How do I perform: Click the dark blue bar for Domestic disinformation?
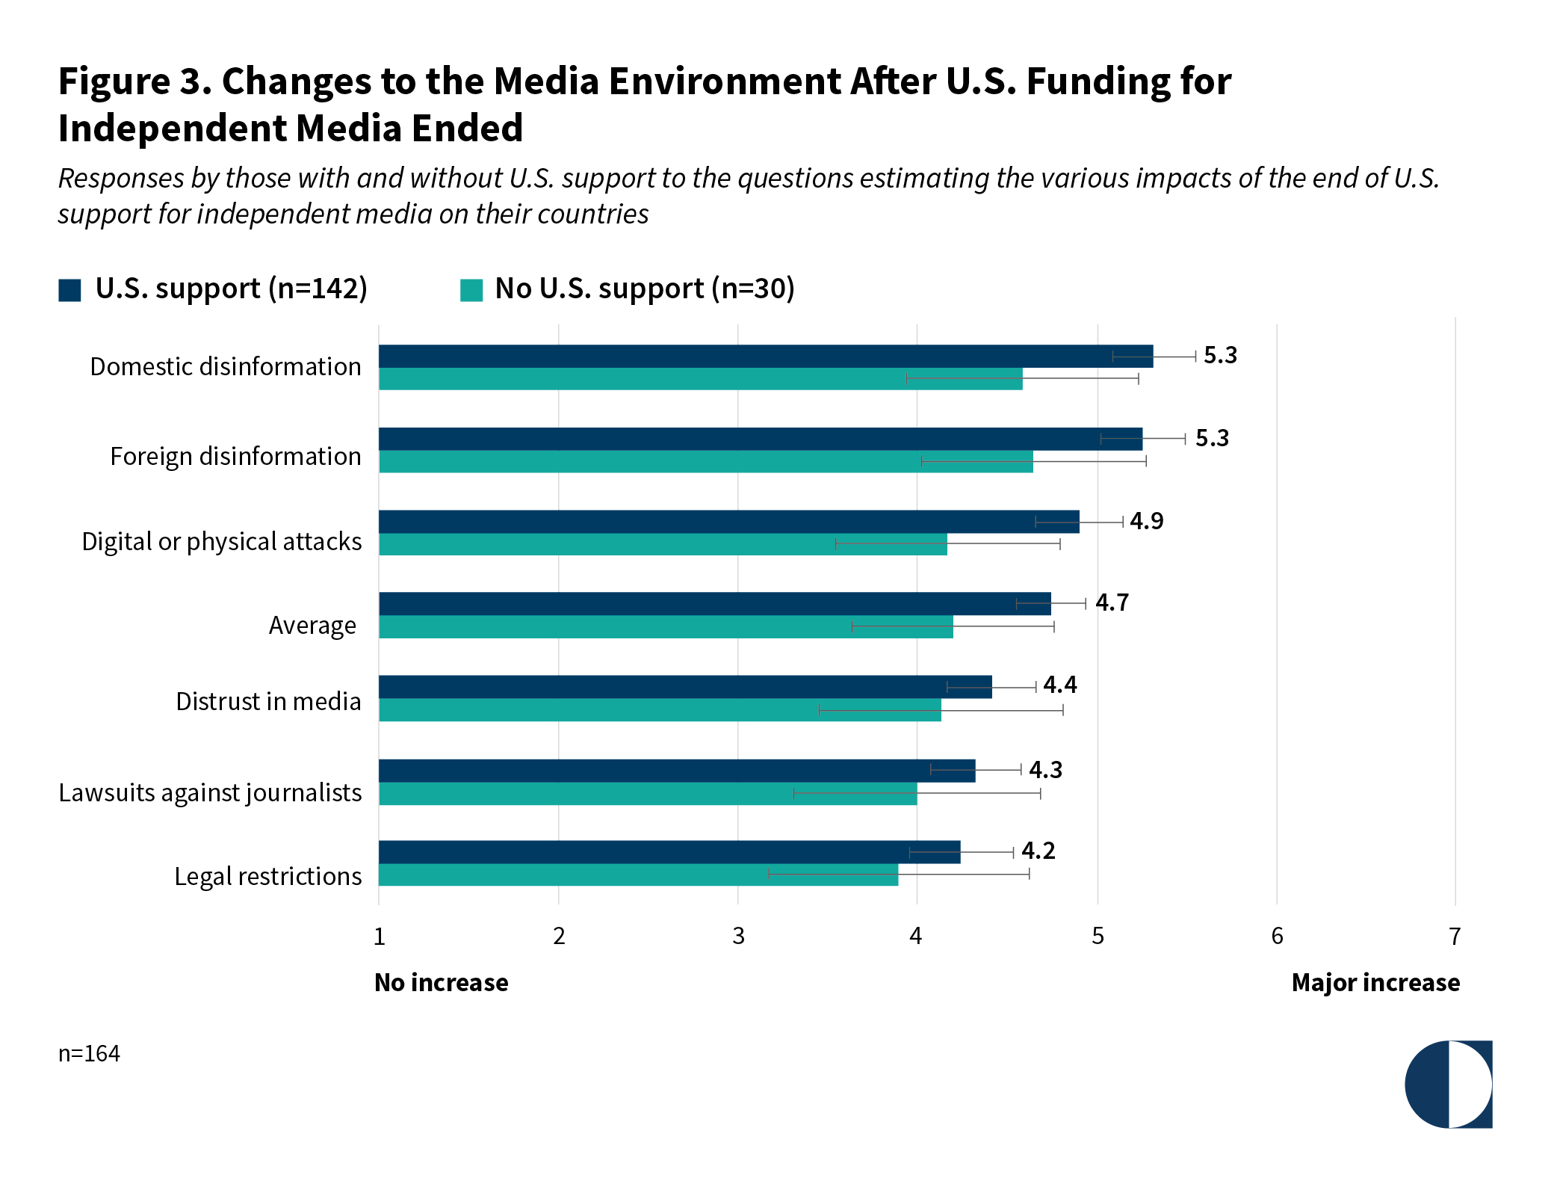pyautogui.click(x=765, y=357)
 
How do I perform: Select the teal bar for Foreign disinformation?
pyautogui.click(x=705, y=462)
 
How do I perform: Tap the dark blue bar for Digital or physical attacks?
pyautogui.click(x=728, y=522)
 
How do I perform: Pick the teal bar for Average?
pyautogui.click(x=665, y=627)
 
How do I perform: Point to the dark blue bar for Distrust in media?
pyautogui.click(x=684, y=687)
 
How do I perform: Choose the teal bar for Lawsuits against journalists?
pyautogui.click(x=647, y=794)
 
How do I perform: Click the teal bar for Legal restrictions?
pyautogui.click(x=638, y=875)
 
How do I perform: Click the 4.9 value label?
pyautogui.click(x=1146, y=521)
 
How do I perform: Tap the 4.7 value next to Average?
pyautogui.click(x=1112, y=602)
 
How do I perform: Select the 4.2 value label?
pyautogui.click(x=1038, y=851)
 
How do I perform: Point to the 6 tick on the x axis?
pyautogui.click(x=1277, y=936)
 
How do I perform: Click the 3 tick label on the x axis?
pyautogui.click(x=738, y=936)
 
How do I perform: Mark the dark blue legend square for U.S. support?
pyautogui.click(x=69, y=290)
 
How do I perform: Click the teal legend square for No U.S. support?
pyautogui.click(x=471, y=290)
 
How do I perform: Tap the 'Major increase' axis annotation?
pyautogui.click(x=1375, y=982)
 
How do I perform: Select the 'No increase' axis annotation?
pyautogui.click(x=441, y=982)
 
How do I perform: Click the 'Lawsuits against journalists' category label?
pyautogui.click(x=210, y=792)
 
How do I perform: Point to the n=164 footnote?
pyautogui.click(x=89, y=1053)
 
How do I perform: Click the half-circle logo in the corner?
pyautogui.click(x=1448, y=1084)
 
